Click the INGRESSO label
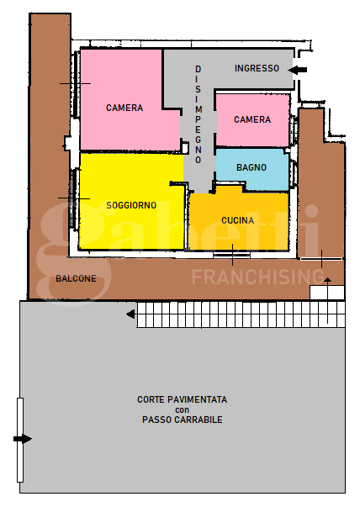point(257,69)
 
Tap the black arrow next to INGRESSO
point(299,69)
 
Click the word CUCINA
point(238,220)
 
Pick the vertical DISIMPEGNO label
point(199,114)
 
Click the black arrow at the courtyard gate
point(23,438)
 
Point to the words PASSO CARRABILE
point(183,420)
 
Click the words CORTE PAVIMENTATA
point(183,399)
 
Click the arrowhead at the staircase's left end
point(130,314)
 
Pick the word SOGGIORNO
point(131,205)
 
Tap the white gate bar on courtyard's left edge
point(20,440)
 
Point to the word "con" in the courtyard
point(183,409)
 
